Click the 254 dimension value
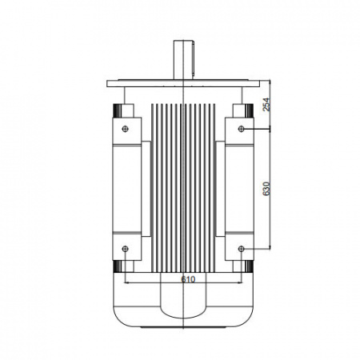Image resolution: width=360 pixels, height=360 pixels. coord(266,104)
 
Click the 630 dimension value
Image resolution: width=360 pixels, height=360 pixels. coord(266,189)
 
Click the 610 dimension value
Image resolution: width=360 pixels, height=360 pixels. coord(188,279)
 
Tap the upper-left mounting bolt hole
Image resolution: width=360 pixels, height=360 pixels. coord(125,129)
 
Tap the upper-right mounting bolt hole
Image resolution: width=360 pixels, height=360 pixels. coord(242,129)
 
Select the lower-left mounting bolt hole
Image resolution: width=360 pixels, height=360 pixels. coord(125,249)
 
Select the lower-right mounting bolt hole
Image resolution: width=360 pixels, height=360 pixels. coord(242,249)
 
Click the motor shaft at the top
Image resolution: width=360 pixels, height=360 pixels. coord(183,60)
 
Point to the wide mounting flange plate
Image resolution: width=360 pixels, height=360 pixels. coord(183,83)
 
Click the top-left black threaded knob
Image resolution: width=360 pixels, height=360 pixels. coord(117,110)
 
